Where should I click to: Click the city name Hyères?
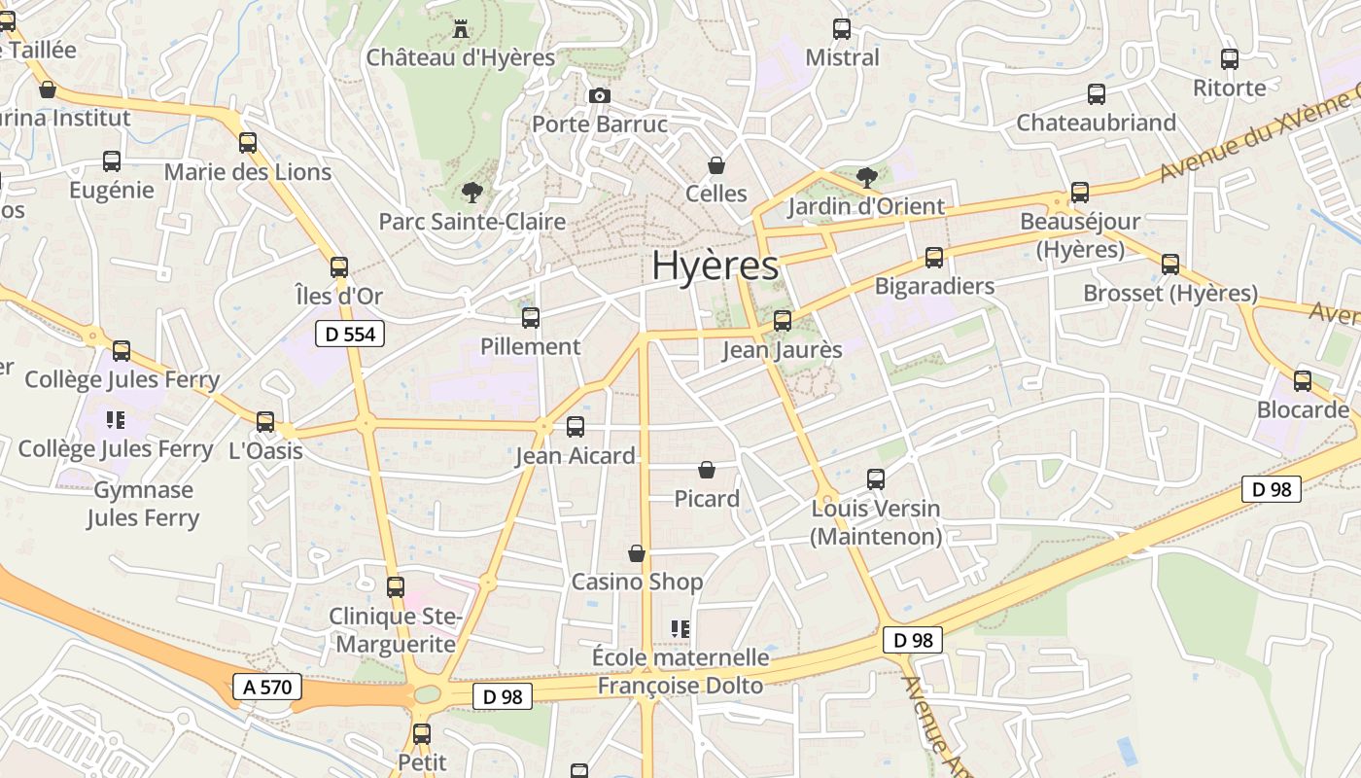click(715, 265)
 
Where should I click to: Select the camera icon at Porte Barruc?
click(600, 95)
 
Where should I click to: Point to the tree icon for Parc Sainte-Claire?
click(472, 192)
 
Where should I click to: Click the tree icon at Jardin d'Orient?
click(866, 177)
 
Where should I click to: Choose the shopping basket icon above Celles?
click(716, 165)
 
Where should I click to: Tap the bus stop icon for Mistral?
click(842, 29)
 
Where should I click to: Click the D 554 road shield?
click(351, 335)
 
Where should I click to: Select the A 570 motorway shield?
click(268, 687)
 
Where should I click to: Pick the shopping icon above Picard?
click(707, 470)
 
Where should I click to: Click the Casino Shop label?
click(637, 582)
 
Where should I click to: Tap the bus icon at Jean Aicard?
click(576, 426)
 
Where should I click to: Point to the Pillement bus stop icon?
click(531, 317)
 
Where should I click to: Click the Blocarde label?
click(1303, 409)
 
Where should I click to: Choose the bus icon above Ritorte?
click(1230, 59)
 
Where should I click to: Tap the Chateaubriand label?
click(1097, 123)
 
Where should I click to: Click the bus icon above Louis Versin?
click(876, 479)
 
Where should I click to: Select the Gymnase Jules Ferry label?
click(143, 504)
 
